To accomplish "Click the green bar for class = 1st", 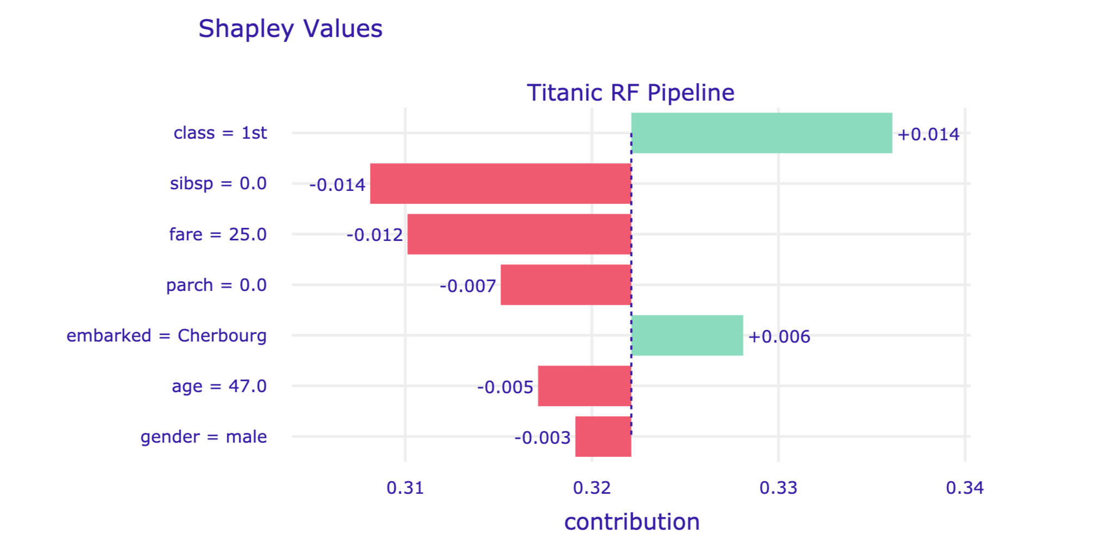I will tap(761, 133).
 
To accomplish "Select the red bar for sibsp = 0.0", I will tap(500, 183).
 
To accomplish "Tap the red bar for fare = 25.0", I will tap(519, 234).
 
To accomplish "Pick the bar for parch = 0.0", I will tap(565, 284).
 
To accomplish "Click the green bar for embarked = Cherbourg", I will tap(687, 335).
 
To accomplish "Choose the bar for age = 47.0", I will tap(584, 386).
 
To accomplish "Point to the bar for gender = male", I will tap(603, 436).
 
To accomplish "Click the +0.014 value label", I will tap(928, 134).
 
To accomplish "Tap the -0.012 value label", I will tap(374, 235).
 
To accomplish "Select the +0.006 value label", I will tap(779, 337).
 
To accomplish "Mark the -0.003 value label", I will tap(542, 438).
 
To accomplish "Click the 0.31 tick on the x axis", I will tap(405, 488).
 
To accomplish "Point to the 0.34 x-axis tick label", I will tap(965, 488).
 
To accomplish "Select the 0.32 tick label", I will tap(592, 488).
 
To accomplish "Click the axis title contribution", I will tap(632, 521).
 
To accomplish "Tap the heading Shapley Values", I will tap(290, 28).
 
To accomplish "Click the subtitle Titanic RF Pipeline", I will tap(630, 92).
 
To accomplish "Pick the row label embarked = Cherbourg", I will tap(166, 336).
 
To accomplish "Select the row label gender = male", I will tap(203, 437).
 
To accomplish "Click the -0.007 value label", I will tap(467, 285).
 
